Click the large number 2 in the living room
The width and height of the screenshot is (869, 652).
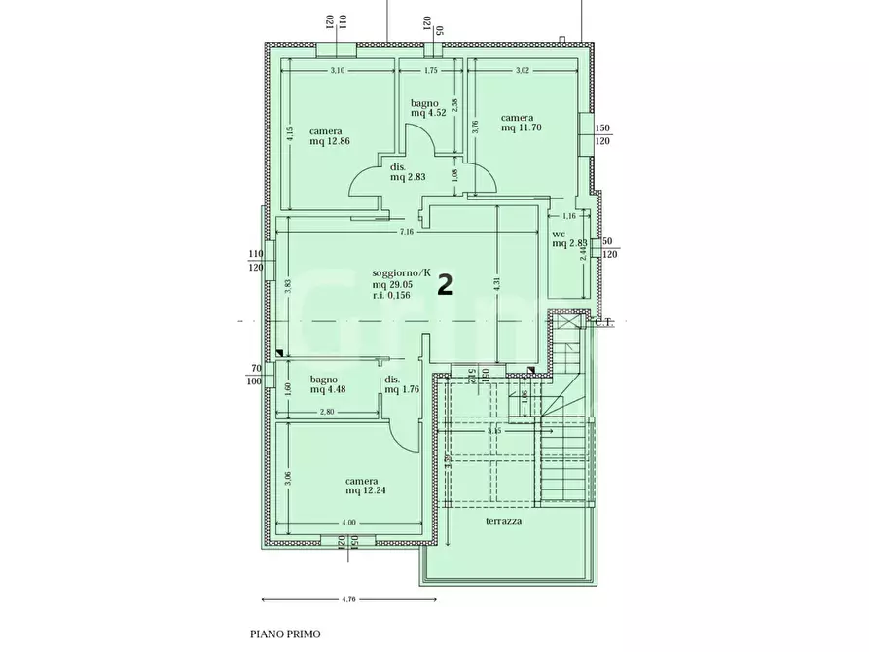coord(445,284)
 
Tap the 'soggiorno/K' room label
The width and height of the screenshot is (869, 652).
coord(399,273)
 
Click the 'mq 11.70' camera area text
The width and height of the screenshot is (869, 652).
coord(521,127)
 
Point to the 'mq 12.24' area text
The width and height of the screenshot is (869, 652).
coord(366,490)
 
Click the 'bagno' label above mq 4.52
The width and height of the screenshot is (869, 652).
coord(424,102)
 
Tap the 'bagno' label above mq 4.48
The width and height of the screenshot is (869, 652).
coord(324,380)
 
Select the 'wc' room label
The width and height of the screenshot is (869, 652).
coord(559,234)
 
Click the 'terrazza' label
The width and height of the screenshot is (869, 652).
coord(505,522)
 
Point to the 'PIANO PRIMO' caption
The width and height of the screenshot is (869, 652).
coord(285,634)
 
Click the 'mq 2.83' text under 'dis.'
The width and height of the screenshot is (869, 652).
coord(409,177)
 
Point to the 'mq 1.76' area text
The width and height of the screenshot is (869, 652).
coord(400,390)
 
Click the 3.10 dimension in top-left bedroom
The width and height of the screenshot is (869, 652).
coord(338,71)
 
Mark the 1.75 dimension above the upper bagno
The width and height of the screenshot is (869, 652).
coord(429,71)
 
